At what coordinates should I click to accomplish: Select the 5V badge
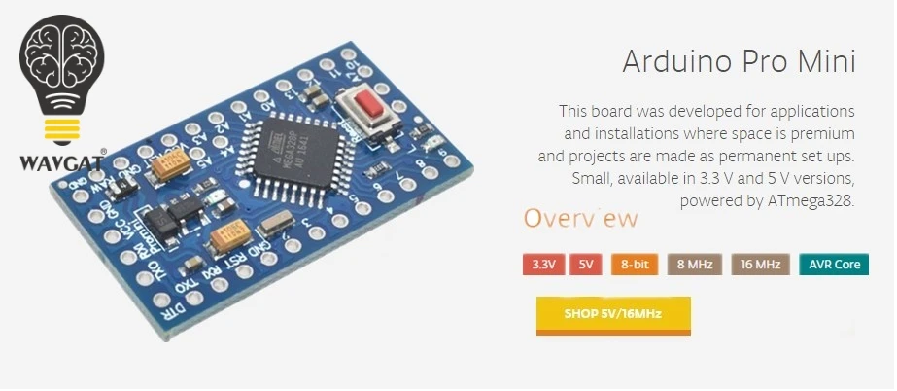(586, 265)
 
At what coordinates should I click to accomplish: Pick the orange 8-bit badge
(635, 265)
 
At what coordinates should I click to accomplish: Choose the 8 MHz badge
(694, 265)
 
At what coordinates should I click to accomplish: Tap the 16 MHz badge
(761, 265)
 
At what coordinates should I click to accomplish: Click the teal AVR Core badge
(833, 265)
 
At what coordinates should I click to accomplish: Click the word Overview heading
(581, 218)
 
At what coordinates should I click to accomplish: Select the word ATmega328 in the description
(812, 201)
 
